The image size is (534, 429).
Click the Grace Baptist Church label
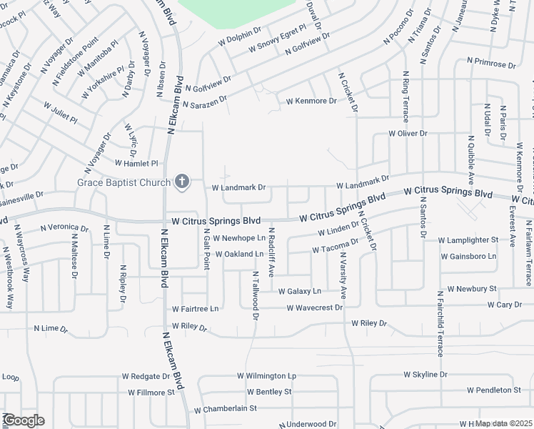click(x=124, y=182)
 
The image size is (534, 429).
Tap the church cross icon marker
click(x=181, y=182)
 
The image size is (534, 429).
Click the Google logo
click(x=23, y=420)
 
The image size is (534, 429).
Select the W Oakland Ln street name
click(x=239, y=254)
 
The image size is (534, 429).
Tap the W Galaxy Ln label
click(x=300, y=291)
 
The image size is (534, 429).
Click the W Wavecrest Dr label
click(x=315, y=308)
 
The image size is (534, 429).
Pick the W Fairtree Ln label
click(x=195, y=309)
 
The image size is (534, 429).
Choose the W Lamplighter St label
click(x=468, y=240)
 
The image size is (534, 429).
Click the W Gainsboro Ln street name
click(x=468, y=256)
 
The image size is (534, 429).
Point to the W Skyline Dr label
click(x=425, y=375)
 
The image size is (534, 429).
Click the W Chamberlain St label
click(x=225, y=409)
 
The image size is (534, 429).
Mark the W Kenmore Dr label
click(x=311, y=102)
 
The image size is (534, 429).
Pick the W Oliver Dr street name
click(x=408, y=134)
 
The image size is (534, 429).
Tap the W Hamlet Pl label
click(x=135, y=164)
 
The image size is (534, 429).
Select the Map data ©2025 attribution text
click(x=503, y=423)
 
